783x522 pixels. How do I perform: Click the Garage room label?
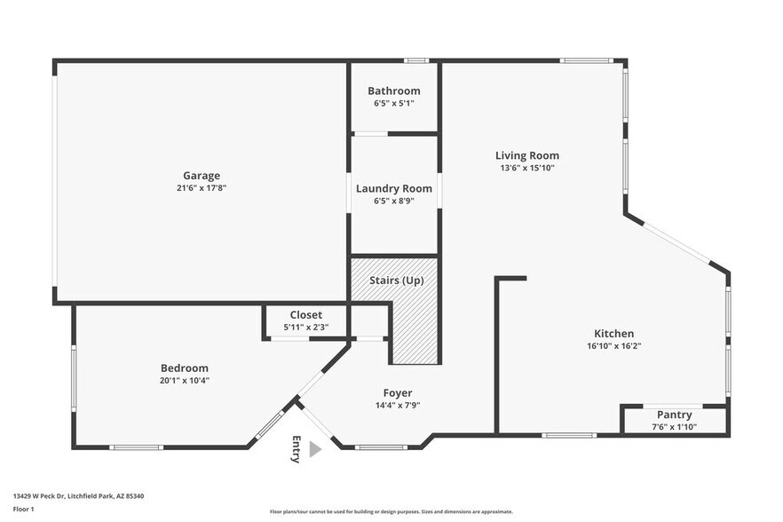coord(202,176)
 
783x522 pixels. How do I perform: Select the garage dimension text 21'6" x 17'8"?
coord(202,188)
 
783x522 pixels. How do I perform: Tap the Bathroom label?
coord(394,91)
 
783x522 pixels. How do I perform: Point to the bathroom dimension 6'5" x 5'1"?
coord(394,104)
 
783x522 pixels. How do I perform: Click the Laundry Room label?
coord(394,188)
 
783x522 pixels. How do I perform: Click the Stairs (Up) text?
coord(397,281)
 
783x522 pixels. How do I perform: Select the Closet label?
coord(306,315)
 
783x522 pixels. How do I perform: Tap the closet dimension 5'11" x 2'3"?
coord(306,328)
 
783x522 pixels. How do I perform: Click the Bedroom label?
coord(185,368)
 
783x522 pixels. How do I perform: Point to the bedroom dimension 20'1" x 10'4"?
coord(185,381)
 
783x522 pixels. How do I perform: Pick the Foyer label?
coord(397,393)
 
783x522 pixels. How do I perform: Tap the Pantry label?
coord(675,415)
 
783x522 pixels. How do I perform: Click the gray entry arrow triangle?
coord(314,450)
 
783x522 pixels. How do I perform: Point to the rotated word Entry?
coord(296,449)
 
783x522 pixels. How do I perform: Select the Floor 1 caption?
coord(23,510)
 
